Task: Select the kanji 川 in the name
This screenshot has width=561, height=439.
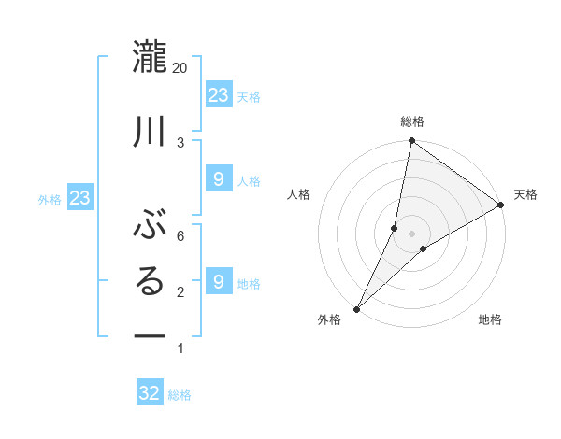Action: click(151, 131)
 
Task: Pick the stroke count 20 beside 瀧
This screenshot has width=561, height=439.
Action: click(180, 68)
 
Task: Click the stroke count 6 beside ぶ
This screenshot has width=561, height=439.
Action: click(180, 235)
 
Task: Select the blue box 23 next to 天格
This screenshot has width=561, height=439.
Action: click(219, 95)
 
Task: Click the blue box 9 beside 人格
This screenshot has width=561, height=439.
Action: click(219, 179)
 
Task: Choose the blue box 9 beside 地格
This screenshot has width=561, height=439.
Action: click(219, 281)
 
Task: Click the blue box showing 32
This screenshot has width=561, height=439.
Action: click(150, 393)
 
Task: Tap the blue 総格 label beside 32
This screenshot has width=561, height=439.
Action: click(180, 395)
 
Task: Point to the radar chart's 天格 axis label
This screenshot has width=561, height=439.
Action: click(526, 194)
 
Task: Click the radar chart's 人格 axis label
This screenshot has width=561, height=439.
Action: click(299, 194)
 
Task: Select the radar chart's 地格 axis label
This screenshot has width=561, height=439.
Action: click(490, 320)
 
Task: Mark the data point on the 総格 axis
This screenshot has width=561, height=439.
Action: click(411, 140)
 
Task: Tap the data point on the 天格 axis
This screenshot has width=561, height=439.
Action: click(501, 205)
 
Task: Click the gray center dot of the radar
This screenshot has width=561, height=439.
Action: click(411, 234)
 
